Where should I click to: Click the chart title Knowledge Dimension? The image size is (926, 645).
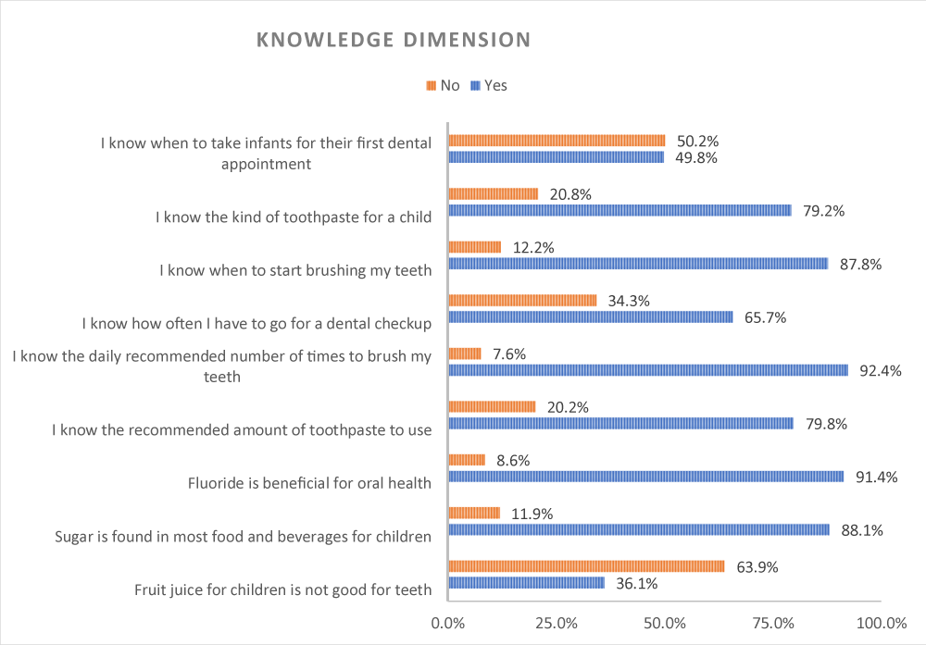click(393, 41)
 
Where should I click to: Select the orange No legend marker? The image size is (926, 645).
click(431, 86)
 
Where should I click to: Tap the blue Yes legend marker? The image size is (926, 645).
click(476, 86)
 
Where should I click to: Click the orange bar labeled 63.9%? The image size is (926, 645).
click(586, 566)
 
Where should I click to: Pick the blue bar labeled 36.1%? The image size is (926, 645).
click(526, 583)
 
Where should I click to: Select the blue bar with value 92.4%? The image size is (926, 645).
click(648, 370)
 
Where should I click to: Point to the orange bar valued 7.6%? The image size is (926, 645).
click(465, 354)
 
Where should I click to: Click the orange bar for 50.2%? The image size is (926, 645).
click(557, 141)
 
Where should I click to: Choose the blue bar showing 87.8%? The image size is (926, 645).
click(638, 264)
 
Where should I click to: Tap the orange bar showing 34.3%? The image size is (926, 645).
click(522, 300)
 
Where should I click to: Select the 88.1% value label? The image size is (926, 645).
click(860, 530)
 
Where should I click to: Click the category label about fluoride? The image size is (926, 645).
click(309, 482)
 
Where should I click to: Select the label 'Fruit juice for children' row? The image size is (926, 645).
click(282, 589)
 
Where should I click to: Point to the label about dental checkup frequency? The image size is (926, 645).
click(257, 323)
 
